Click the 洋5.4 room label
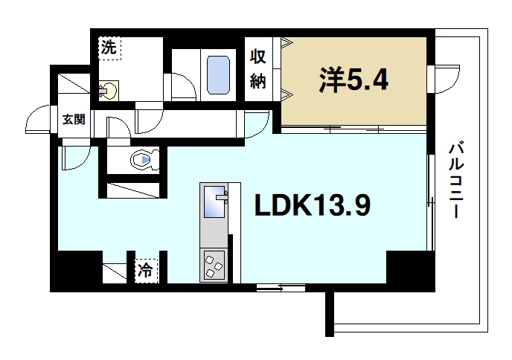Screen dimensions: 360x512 354,80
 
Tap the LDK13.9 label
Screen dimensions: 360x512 312,206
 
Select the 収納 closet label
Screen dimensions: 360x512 257,68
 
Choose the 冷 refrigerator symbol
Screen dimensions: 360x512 145,270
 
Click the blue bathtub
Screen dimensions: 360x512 219,74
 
